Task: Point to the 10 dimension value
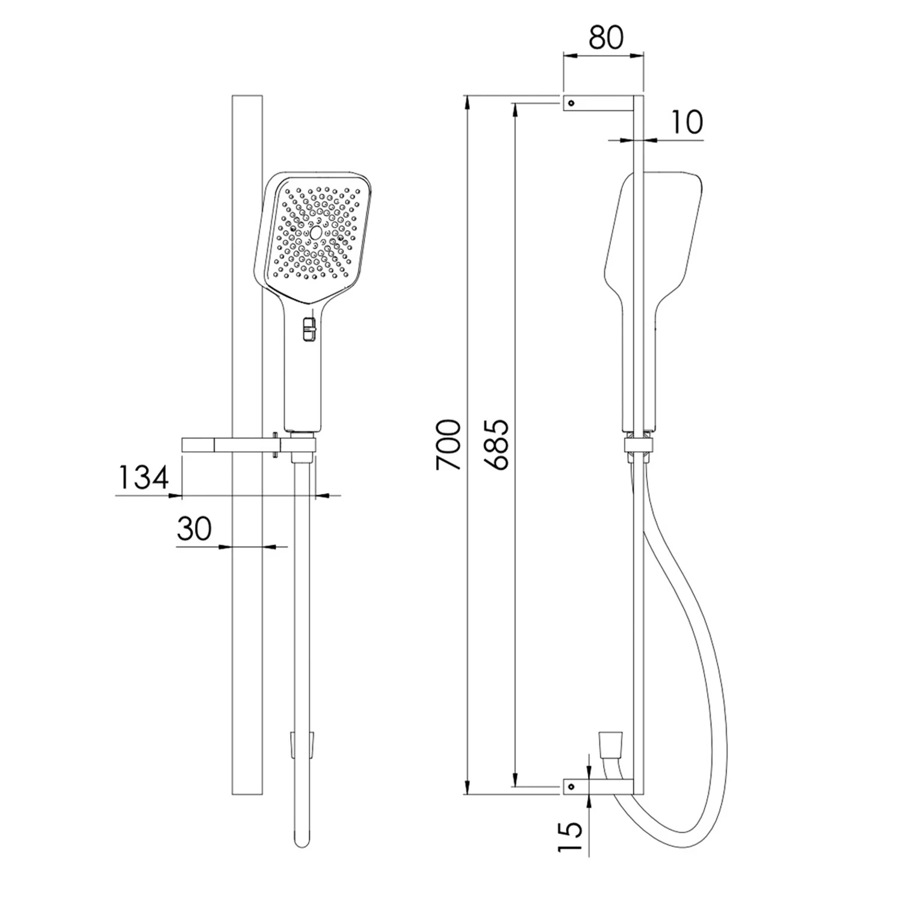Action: (x=685, y=123)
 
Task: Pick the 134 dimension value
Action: (x=142, y=478)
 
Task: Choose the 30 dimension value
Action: (x=194, y=529)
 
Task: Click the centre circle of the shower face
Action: (x=315, y=233)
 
